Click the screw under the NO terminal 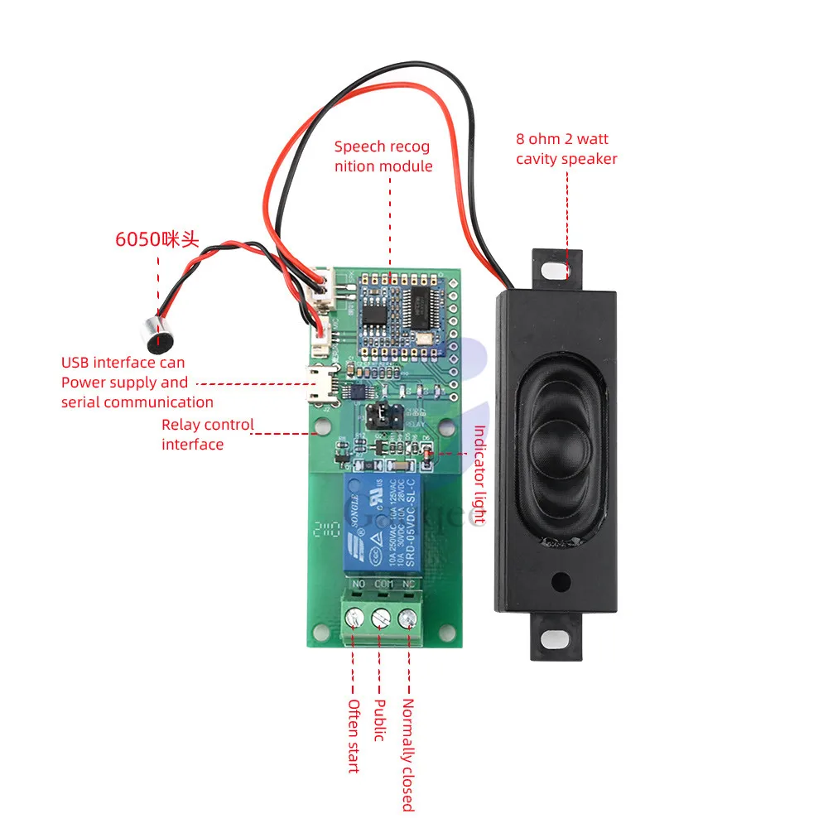click(x=356, y=618)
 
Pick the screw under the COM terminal click(x=382, y=618)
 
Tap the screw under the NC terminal click(x=407, y=618)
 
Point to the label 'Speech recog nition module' click(x=383, y=156)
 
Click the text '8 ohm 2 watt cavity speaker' click(x=566, y=149)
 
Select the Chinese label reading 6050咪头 click(x=157, y=240)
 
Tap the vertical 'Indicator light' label click(x=479, y=475)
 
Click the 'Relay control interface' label click(x=207, y=434)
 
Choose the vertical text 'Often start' click(x=354, y=735)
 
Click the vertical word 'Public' click(x=380, y=720)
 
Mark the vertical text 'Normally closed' click(x=407, y=754)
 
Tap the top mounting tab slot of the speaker click(x=556, y=269)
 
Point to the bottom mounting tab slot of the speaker click(x=556, y=638)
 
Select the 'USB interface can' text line click(x=123, y=362)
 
